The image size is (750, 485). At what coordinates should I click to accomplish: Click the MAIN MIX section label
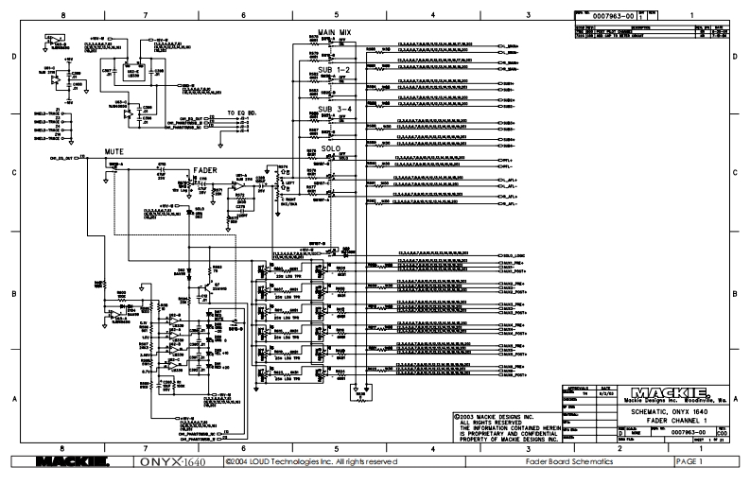point(335,32)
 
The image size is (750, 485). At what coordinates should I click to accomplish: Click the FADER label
point(206,170)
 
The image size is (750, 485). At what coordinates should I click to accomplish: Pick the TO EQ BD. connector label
point(244,113)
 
